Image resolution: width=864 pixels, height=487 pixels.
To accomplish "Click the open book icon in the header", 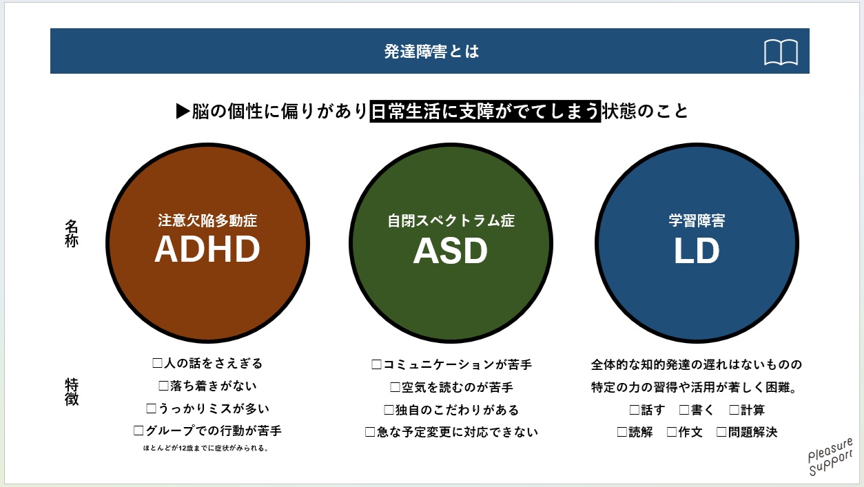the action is click(x=781, y=52).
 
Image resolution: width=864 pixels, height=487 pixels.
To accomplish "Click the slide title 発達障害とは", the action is click(x=431, y=51).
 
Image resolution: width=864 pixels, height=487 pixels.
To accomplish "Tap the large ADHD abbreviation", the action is click(x=207, y=249).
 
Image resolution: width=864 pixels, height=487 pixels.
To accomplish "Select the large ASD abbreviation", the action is click(x=451, y=251).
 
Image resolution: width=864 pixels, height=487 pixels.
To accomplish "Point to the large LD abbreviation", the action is click(x=697, y=251).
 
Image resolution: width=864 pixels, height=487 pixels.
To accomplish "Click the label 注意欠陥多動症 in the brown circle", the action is click(x=207, y=220).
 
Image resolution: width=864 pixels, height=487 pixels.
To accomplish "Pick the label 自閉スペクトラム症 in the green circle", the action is click(x=451, y=220).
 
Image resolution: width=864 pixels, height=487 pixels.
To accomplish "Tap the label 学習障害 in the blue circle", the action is click(x=697, y=220).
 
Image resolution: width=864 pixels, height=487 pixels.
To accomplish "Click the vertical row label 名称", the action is click(x=72, y=234).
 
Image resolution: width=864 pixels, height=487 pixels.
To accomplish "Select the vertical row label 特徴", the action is click(x=72, y=392).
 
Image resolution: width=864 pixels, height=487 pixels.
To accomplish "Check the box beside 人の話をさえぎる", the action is click(x=157, y=363).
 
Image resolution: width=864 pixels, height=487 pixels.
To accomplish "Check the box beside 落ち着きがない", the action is click(x=163, y=386).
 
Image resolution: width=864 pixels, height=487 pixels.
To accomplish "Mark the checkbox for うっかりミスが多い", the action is click(x=151, y=408).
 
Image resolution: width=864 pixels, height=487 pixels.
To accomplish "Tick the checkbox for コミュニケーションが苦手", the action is click(x=376, y=365).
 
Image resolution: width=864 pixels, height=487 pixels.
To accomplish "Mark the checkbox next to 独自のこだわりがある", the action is click(x=389, y=410).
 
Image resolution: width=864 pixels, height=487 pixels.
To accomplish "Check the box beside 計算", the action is click(x=734, y=410).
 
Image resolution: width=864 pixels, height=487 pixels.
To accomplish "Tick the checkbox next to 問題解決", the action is click(x=721, y=432).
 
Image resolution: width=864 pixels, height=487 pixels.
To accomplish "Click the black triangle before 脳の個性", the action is click(x=183, y=111).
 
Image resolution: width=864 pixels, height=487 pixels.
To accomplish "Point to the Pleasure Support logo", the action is click(x=830, y=457).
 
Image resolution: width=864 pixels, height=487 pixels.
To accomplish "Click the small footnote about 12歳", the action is click(x=205, y=448).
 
